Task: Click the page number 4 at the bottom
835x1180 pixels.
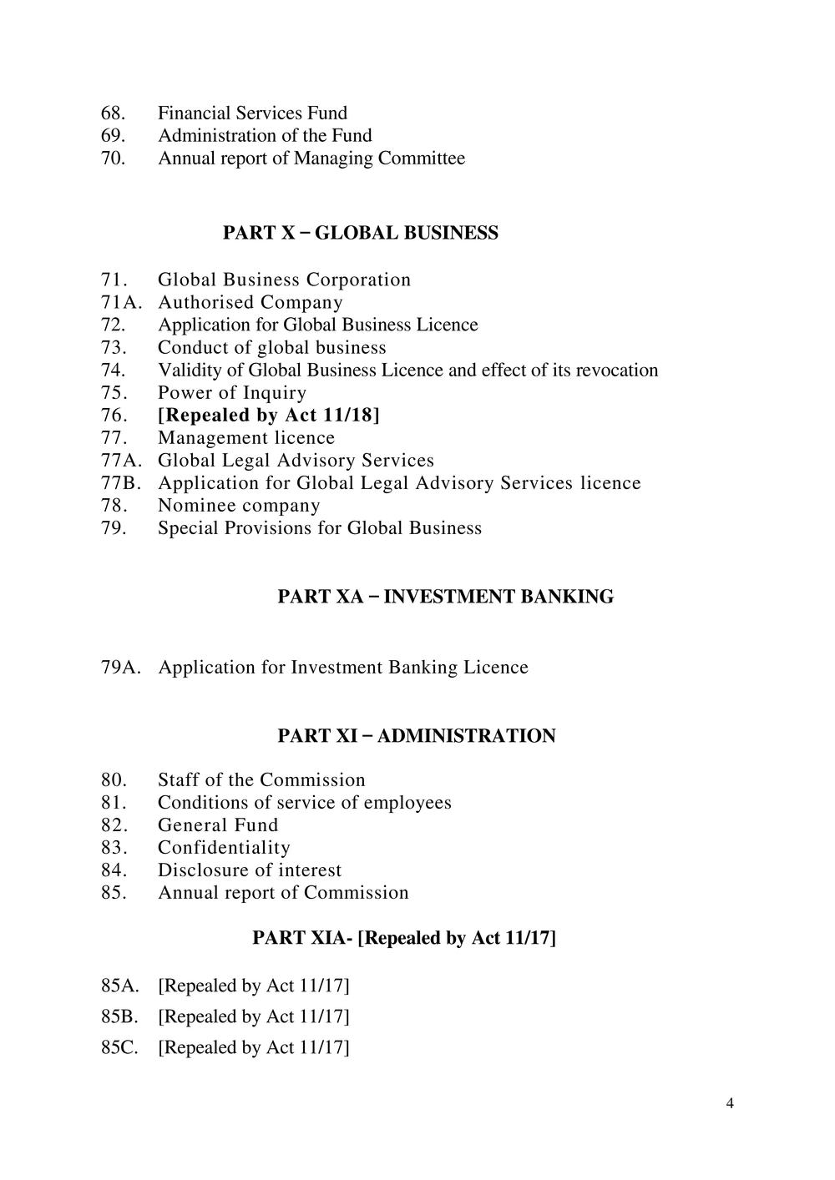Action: (x=730, y=1104)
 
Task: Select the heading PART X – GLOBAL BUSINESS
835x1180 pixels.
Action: (x=360, y=233)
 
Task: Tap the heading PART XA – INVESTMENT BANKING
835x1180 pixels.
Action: (x=445, y=597)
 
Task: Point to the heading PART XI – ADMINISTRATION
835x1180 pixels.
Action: (x=416, y=736)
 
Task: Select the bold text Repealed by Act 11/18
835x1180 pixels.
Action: (x=268, y=415)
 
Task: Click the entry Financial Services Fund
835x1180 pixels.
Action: (x=252, y=113)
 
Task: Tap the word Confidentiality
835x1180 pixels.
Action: (x=224, y=848)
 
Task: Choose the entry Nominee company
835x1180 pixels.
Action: (x=239, y=506)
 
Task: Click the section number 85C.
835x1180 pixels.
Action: (x=119, y=1047)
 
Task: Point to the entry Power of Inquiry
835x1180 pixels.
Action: (x=232, y=393)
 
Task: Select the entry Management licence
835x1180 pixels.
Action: (x=246, y=438)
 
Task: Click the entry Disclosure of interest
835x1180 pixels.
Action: (x=250, y=870)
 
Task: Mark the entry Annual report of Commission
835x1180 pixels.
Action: (x=283, y=893)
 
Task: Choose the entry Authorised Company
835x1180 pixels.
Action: (x=250, y=302)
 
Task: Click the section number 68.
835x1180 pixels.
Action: (x=113, y=113)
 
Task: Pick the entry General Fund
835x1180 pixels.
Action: (x=218, y=825)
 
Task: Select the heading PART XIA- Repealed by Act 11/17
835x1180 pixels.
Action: (x=403, y=938)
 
